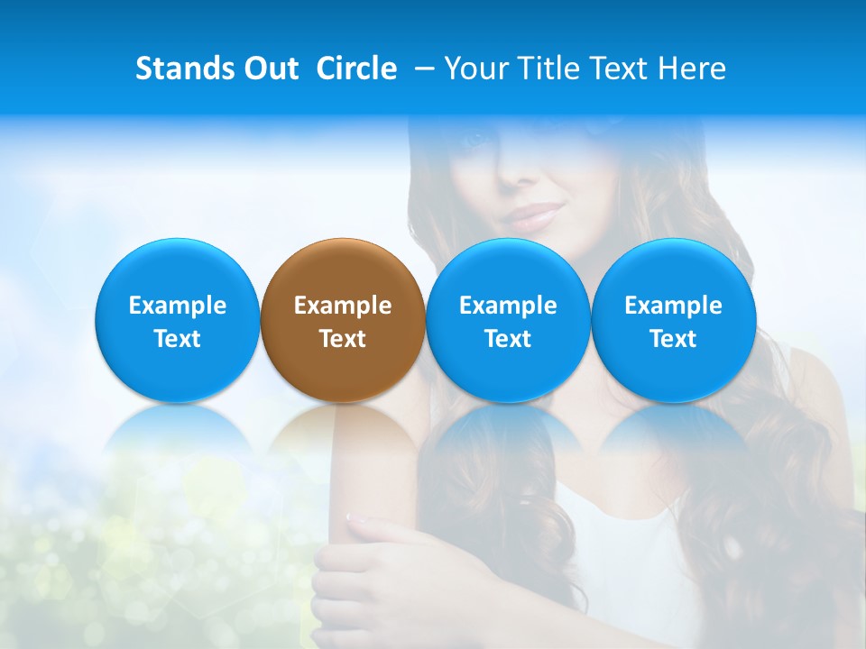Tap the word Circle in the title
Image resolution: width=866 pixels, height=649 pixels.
(356, 69)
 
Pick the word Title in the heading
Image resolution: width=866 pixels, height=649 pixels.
(544, 69)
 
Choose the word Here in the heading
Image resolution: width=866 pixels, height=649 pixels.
(692, 69)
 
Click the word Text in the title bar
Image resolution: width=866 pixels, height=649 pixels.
(618, 69)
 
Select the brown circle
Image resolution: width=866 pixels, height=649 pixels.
(343, 320)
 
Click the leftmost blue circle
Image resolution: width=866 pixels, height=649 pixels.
(177, 320)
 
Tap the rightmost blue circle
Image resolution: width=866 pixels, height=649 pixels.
(673, 320)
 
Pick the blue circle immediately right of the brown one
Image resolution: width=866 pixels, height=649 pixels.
(508, 320)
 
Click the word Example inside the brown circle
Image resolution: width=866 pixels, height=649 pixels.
(343, 306)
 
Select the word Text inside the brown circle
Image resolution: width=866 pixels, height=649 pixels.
(343, 339)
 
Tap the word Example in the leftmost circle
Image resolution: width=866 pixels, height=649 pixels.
(177, 306)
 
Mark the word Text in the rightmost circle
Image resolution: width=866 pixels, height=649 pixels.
(673, 339)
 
